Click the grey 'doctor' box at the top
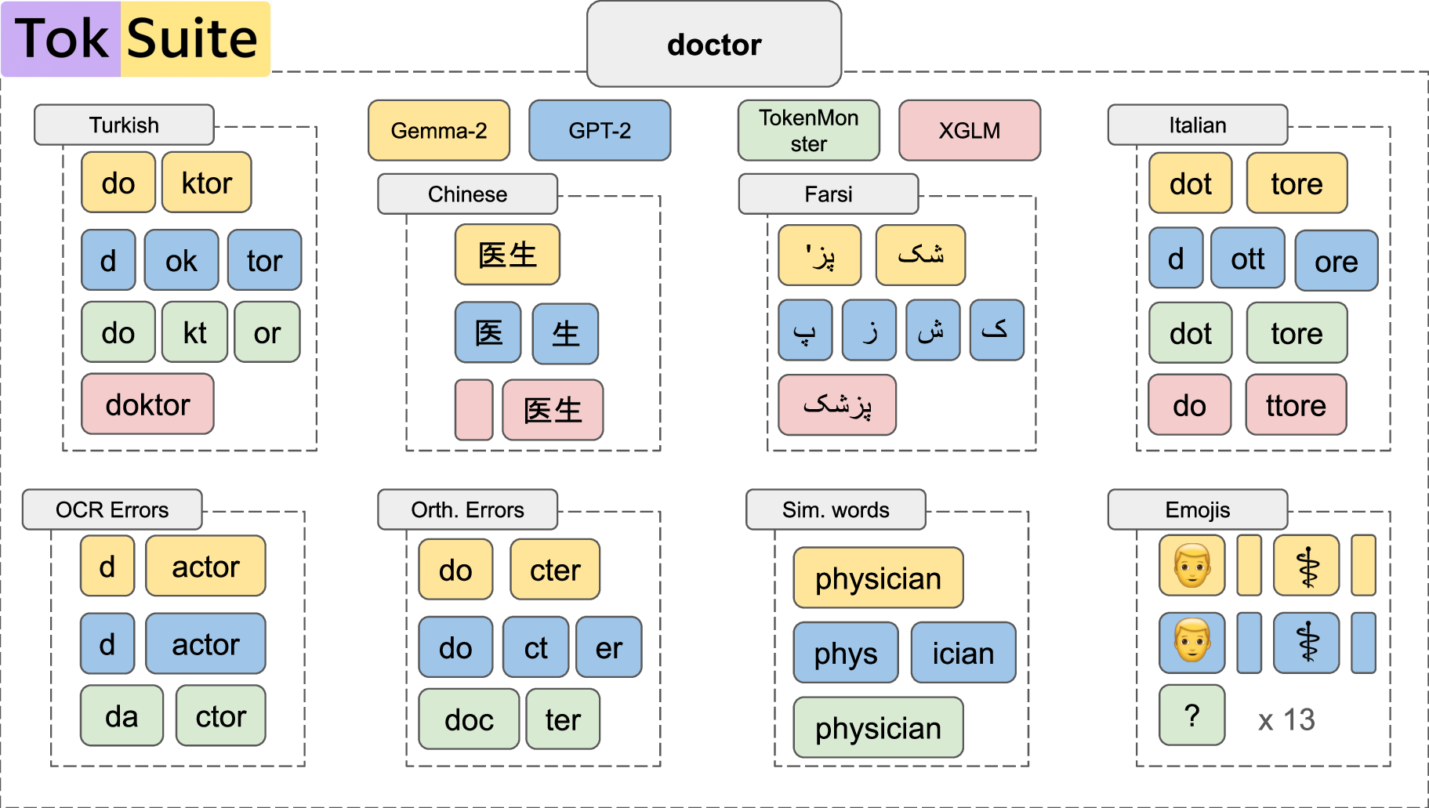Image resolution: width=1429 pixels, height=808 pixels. click(x=713, y=45)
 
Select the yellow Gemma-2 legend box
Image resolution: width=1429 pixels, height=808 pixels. click(x=439, y=130)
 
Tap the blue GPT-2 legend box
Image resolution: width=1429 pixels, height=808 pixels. click(x=600, y=130)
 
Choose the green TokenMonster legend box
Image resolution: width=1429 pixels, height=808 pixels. click(x=808, y=130)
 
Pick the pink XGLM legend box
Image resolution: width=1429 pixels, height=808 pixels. click(x=970, y=130)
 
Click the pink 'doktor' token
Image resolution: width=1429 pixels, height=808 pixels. click(x=147, y=404)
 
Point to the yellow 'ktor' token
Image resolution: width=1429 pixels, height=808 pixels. click(x=206, y=183)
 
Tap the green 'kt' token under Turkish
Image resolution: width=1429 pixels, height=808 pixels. click(x=194, y=332)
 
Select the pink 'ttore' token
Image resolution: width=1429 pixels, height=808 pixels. click(x=1296, y=405)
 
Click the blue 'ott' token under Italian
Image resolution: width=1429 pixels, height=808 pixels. click(x=1247, y=259)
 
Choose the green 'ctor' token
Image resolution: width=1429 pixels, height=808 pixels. click(x=220, y=716)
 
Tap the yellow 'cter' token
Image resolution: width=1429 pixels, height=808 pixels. click(x=555, y=570)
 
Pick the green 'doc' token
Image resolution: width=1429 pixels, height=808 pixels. click(x=469, y=719)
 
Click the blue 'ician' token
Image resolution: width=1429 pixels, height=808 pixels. click(x=963, y=653)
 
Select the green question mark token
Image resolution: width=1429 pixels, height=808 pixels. click(x=1191, y=715)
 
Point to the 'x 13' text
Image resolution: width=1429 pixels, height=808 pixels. click(x=1286, y=719)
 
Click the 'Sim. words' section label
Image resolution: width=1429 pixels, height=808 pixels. click(x=836, y=509)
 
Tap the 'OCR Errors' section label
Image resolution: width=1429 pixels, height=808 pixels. click(x=112, y=509)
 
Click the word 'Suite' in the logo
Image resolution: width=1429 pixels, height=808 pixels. click(x=193, y=38)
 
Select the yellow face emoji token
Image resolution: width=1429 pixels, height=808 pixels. click(x=1191, y=565)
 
